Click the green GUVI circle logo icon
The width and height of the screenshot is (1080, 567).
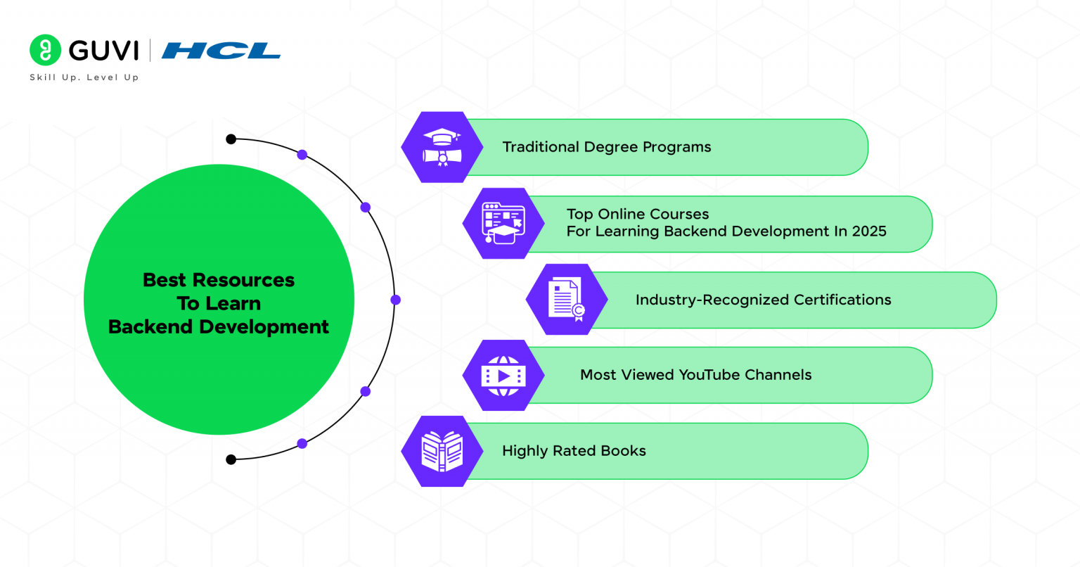click(46, 51)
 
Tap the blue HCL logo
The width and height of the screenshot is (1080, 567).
click(221, 51)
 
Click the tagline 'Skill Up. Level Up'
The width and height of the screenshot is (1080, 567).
click(84, 77)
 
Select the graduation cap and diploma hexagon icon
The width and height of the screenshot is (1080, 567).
click(442, 147)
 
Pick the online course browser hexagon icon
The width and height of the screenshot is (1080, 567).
click(503, 224)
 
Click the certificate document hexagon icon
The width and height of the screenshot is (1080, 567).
click(567, 300)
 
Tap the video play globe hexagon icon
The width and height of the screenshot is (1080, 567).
click(503, 376)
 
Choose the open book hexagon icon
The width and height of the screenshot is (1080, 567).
click(442, 452)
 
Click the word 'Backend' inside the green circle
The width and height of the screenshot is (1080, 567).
click(151, 327)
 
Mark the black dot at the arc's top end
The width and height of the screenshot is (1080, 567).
click(231, 139)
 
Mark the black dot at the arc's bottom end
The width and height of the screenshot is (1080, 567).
click(231, 459)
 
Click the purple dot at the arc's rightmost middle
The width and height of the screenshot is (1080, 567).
click(395, 300)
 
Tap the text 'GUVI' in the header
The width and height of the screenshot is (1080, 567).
click(103, 51)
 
